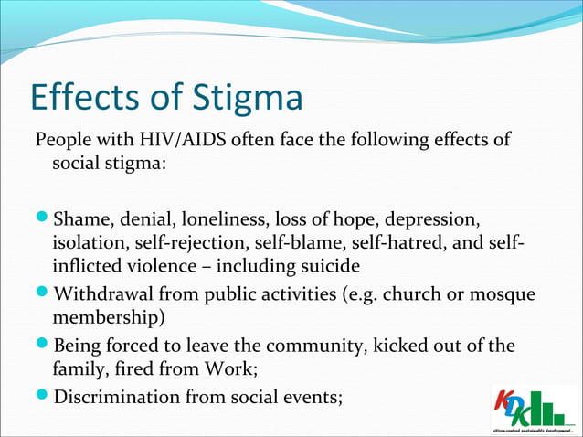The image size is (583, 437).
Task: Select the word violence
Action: (x=167, y=267)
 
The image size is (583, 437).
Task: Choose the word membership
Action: (x=102, y=319)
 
